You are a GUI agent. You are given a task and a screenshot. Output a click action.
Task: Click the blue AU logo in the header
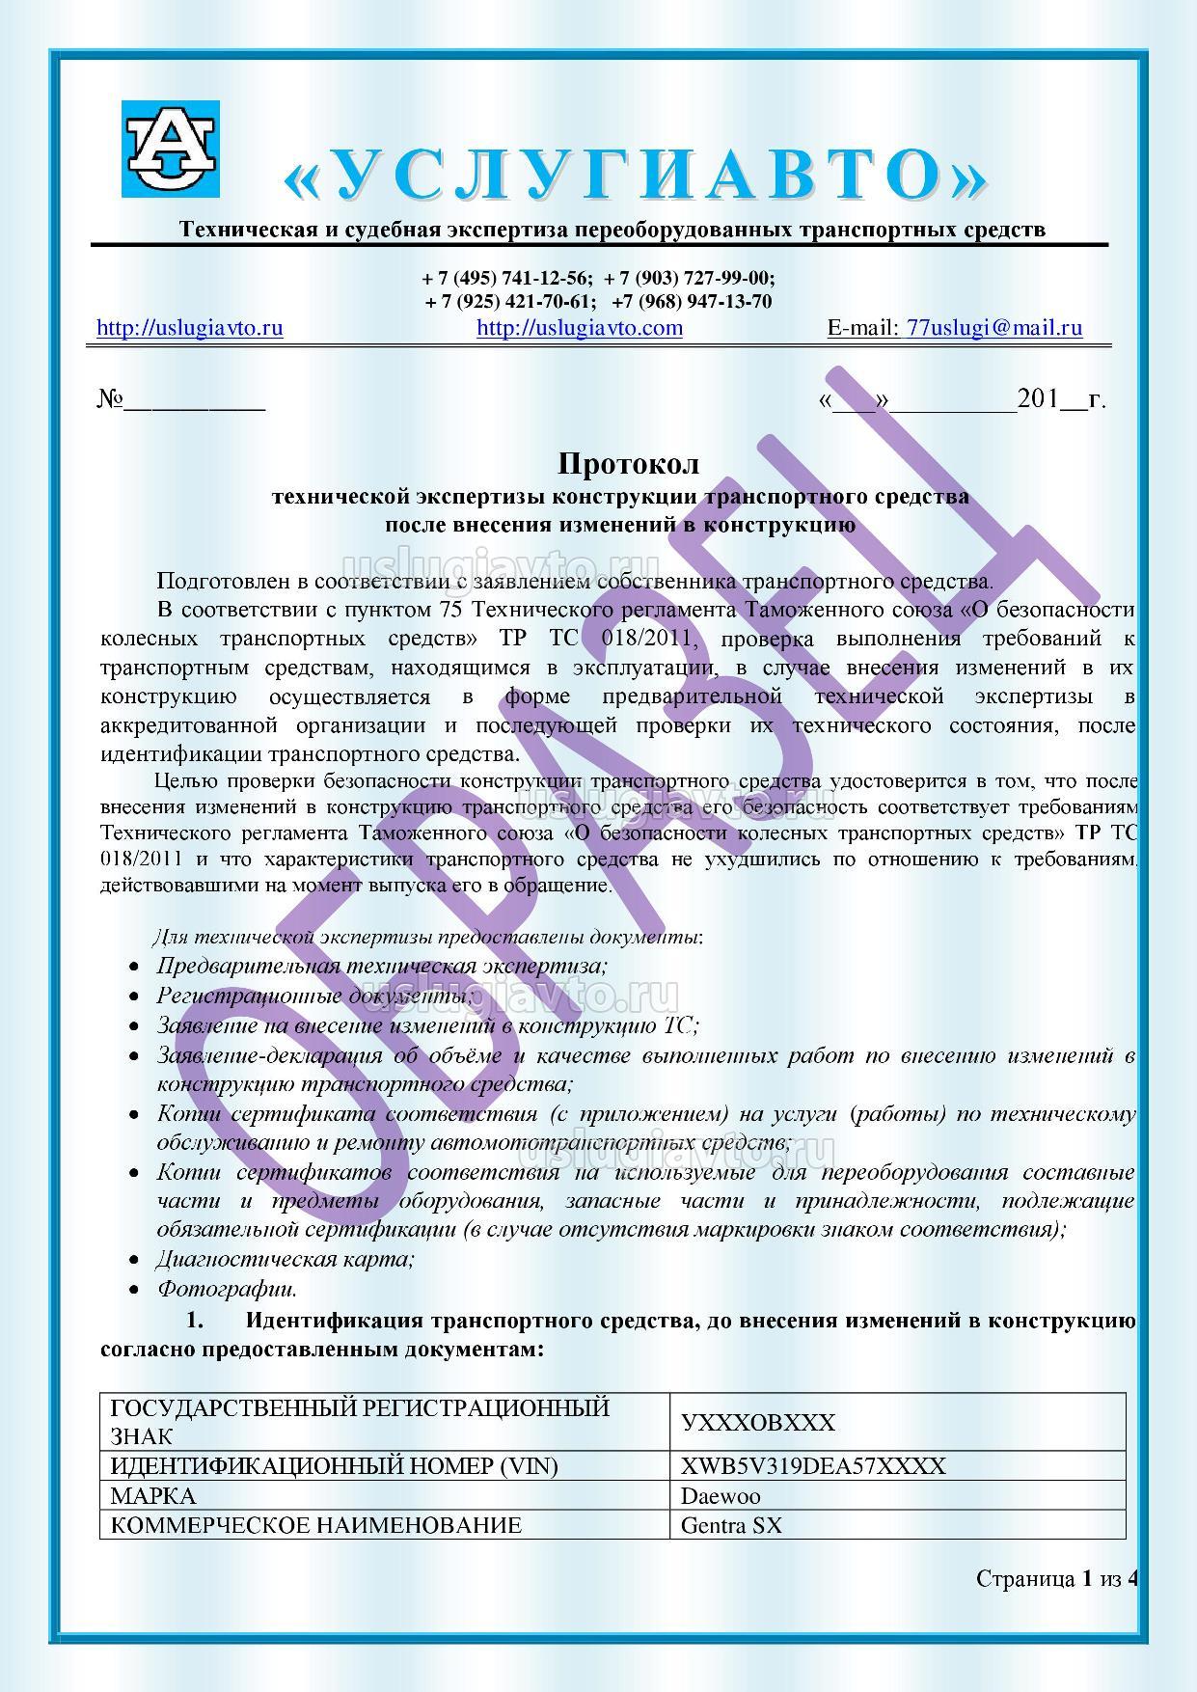point(171,149)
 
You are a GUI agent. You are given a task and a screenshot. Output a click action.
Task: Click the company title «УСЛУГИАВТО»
point(637,175)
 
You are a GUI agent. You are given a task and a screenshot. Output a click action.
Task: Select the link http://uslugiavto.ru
point(190,328)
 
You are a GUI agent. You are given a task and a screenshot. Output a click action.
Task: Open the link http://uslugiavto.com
point(580,328)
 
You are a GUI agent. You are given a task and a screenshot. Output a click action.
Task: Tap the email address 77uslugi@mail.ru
point(994,328)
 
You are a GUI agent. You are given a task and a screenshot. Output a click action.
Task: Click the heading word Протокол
point(629,464)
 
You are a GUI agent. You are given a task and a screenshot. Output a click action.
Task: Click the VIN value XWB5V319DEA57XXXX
point(813,1467)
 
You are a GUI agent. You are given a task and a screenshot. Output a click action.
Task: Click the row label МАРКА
point(153,1496)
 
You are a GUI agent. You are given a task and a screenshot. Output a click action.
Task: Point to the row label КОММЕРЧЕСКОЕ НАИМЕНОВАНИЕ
point(316,1525)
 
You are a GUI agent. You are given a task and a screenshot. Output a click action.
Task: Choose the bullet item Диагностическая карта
point(286,1259)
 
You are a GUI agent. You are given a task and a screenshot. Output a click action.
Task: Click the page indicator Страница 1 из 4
point(1057,1579)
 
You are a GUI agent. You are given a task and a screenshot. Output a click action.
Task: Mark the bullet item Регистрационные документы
point(314,996)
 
